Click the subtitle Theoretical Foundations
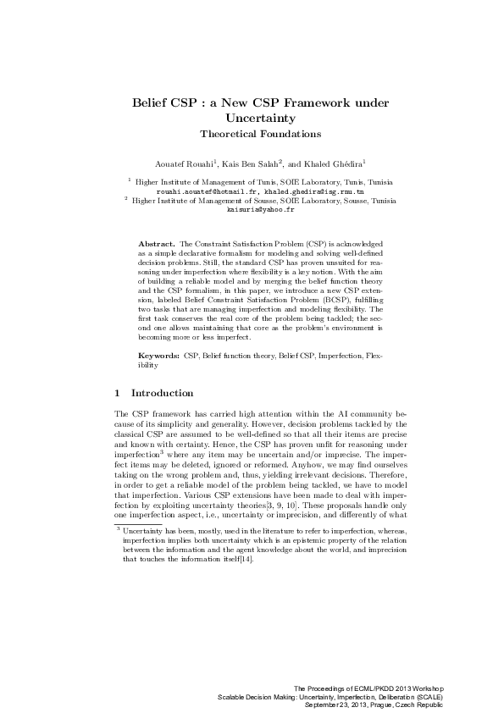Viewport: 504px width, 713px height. pos(252,134)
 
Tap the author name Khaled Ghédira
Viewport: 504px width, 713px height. pos(316,162)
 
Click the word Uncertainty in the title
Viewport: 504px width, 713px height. pos(252,118)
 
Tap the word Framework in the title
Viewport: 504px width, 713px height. pos(321,102)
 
